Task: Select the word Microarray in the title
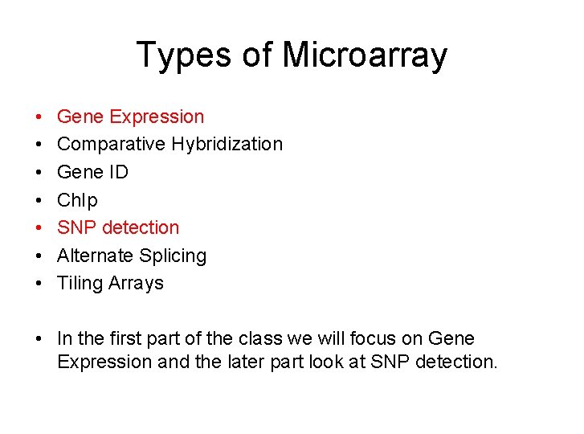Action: coord(365,55)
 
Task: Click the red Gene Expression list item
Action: coord(130,117)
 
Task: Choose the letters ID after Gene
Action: coord(119,172)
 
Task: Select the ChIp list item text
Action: coord(77,200)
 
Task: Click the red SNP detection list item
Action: coord(118,227)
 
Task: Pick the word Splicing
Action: coord(173,256)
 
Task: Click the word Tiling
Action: coord(81,284)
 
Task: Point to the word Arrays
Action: coord(137,284)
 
